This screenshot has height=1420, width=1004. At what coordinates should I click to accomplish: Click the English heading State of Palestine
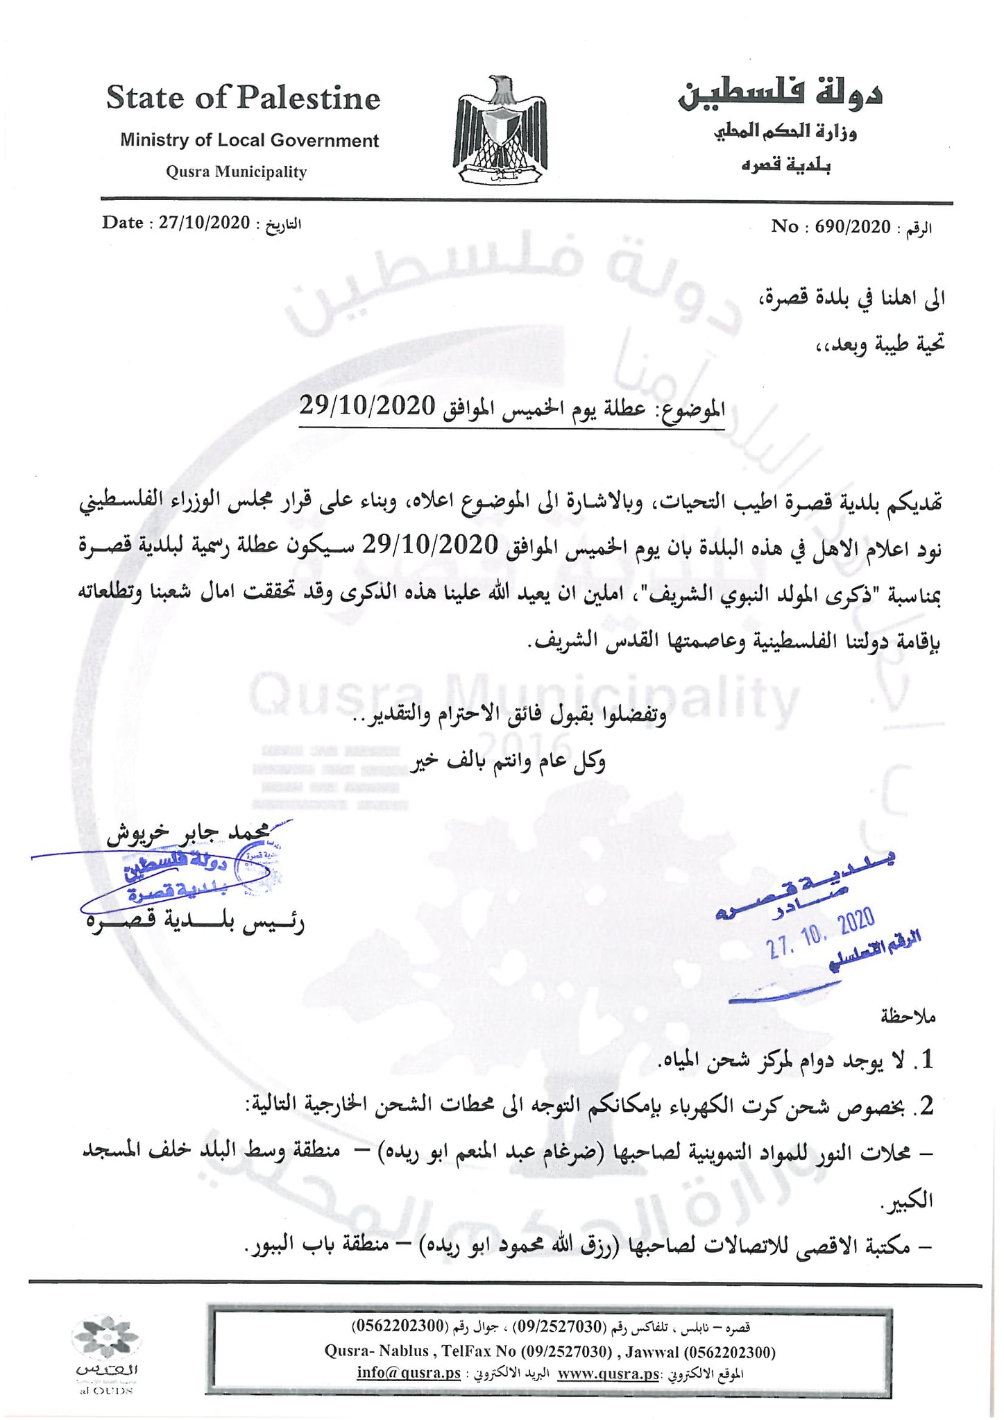243,98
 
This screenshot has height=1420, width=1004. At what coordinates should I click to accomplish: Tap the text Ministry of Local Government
249,140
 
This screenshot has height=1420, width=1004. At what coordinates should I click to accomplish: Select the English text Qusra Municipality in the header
236,171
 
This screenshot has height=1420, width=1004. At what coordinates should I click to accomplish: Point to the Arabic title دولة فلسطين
780,94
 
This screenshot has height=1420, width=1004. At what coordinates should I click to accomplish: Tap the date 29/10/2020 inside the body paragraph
430,545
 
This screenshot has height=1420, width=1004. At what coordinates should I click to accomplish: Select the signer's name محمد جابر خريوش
187,833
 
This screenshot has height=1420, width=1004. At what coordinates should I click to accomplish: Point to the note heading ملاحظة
908,1017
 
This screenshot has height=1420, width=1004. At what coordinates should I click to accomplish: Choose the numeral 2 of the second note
926,1106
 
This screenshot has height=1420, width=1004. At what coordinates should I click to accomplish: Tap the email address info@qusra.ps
409,1373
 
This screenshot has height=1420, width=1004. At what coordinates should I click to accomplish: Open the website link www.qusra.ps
608,1373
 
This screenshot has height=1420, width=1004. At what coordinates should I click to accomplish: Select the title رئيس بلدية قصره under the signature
196,922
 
